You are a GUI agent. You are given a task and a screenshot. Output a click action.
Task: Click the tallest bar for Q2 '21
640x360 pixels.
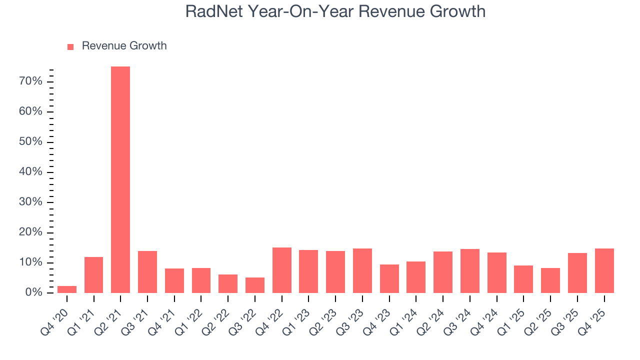click(120, 180)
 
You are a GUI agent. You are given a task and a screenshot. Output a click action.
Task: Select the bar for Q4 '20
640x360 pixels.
click(67, 289)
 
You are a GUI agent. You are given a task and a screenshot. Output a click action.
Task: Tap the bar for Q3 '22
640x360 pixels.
click(255, 285)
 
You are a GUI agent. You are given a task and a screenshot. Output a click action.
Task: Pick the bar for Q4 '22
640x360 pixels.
click(281, 270)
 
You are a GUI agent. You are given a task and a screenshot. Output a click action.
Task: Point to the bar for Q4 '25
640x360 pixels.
click(604, 271)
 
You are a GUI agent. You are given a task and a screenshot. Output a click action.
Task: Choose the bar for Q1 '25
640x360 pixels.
click(523, 279)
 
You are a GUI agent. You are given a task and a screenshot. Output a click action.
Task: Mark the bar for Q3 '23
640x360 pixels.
click(362, 271)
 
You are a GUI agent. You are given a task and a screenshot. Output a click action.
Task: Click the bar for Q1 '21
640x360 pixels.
click(94, 275)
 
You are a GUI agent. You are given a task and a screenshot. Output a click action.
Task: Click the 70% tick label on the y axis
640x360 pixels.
click(31, 81)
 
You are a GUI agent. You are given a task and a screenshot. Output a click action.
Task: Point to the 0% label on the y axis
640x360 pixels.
click(34, 293)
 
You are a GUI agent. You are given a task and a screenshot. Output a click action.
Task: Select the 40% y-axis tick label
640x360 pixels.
click(31, 172)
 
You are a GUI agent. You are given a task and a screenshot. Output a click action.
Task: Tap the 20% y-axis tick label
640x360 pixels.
click(31, 232)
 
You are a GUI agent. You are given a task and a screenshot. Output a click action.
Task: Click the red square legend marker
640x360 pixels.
click(70, 46)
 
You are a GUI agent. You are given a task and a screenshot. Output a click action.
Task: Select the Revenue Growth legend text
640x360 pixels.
click(124, 46)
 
